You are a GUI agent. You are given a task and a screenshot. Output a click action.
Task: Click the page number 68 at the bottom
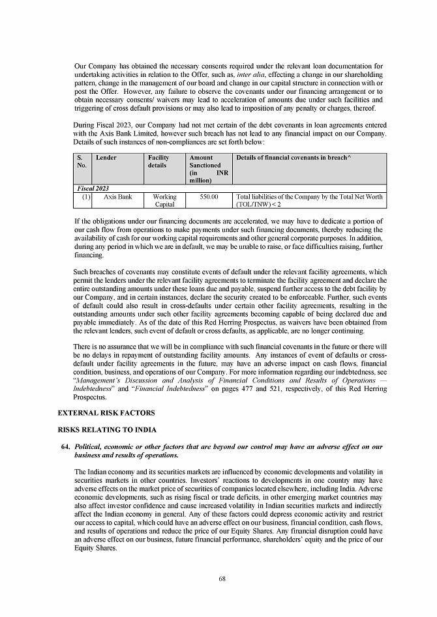click(x=222, y=578)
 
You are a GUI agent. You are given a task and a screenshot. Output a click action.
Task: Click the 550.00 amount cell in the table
click(x=208, y=196)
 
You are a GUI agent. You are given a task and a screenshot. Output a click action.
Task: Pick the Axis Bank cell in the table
click(x=118, y=196)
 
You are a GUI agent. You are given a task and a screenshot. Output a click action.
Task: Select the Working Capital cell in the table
click(x=164, y=200)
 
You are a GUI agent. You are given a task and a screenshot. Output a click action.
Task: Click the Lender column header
click(x=106, y=158)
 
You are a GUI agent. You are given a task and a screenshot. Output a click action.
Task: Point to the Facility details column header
click(x=159, y=162)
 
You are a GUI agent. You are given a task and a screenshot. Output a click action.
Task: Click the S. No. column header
click(x=81, y=162)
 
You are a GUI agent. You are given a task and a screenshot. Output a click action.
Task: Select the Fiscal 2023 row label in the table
click(x=95, y=188)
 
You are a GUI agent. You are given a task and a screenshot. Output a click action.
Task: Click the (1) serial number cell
click(x=86, y=196)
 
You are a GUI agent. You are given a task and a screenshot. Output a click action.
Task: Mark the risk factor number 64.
click(x=66, y=446)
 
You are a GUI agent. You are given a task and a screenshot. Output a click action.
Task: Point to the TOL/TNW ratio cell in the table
click(x=309, y=200)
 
